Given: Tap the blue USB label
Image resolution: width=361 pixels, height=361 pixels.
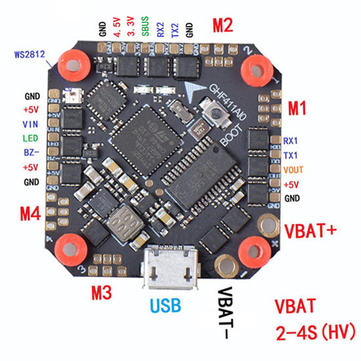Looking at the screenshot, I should (x=169, y=305).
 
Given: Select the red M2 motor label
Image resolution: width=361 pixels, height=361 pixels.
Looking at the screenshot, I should (x=224, y=26).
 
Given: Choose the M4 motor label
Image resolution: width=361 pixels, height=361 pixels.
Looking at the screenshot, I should (x=30, y=213).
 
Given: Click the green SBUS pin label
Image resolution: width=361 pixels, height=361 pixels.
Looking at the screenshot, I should (x=145, y=30).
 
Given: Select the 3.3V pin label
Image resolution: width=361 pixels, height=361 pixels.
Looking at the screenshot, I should (x=131, y=30).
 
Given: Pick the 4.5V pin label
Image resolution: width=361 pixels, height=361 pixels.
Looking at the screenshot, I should (x=117, y=30).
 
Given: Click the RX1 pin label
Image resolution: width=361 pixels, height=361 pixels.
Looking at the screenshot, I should (x=291, y=140).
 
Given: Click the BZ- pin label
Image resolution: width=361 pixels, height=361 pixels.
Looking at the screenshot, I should (x=31, y=153).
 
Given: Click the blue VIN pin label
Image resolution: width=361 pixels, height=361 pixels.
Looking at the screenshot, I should (x=30, y=124).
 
